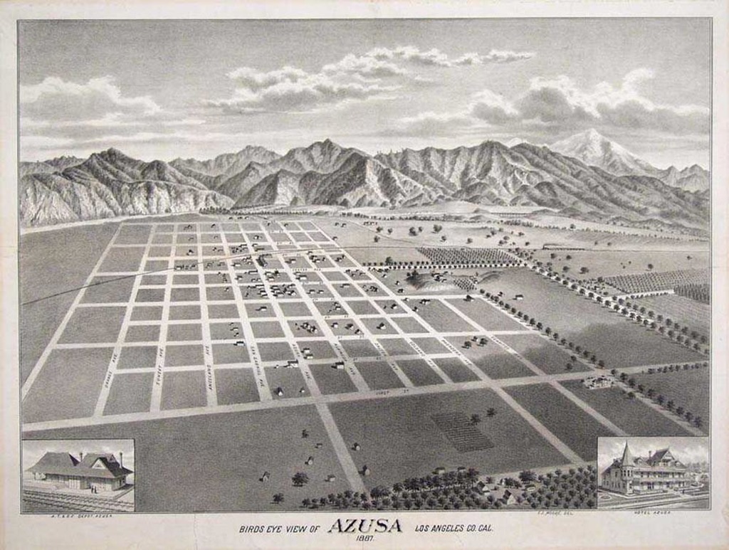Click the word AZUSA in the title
click(364, 527)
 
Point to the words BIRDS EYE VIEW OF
click(280, 529)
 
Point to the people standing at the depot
click(93, 490)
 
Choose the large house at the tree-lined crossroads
click(598, 382)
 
